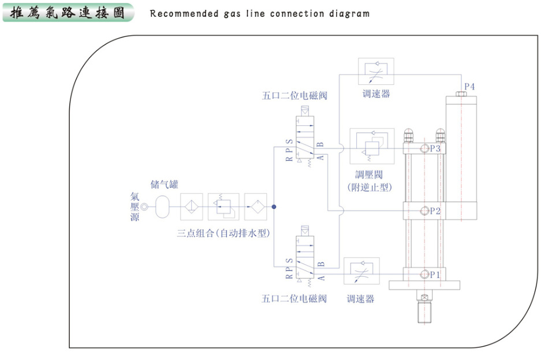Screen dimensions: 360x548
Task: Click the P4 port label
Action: (x=469, y=87)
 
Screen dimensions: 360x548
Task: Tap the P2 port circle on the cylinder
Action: (x=426, y=211)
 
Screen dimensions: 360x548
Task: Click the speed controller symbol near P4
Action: (x=375, y=73)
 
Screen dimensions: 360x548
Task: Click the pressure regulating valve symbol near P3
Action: (x=371, y=148)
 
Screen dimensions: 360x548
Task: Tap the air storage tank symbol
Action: (x=164, y=206)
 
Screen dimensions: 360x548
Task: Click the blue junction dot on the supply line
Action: (x=274, y=206)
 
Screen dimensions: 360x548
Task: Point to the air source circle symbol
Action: (x=144, y=206)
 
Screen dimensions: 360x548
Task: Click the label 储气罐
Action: (x=165, y=185)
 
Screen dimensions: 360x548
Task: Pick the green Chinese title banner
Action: (x=68, y=12)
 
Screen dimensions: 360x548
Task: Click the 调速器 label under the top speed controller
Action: (x=376, y=94)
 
